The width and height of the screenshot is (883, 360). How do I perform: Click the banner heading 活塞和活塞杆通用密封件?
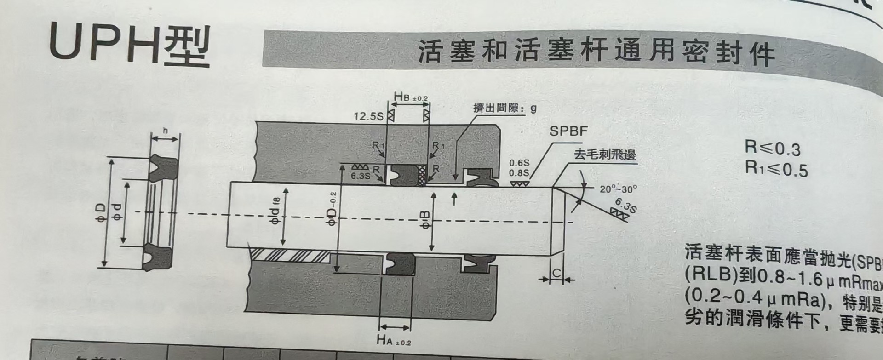coord(596,52)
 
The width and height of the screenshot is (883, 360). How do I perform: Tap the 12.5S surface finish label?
coord(368,116)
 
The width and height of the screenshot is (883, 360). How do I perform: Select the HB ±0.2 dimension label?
coord(410,97)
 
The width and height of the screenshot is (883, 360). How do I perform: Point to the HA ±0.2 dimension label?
coord(393,341)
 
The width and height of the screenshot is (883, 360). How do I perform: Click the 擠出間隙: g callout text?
coord(505,109)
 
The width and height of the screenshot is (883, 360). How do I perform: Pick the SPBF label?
coord(568,131)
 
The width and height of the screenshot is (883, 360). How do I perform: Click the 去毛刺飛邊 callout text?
coord(604,154)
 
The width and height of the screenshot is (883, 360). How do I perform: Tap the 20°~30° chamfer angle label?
coord(618,189)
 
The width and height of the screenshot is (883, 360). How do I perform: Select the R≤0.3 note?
coord(772,148)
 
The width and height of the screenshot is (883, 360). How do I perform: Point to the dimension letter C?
coord(556,274)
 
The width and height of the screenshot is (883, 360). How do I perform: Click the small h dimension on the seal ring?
coord(165,131)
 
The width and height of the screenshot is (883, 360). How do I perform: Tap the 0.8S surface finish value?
coord(519,173)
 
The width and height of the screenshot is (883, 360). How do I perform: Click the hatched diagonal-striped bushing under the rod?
coord(290,255)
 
